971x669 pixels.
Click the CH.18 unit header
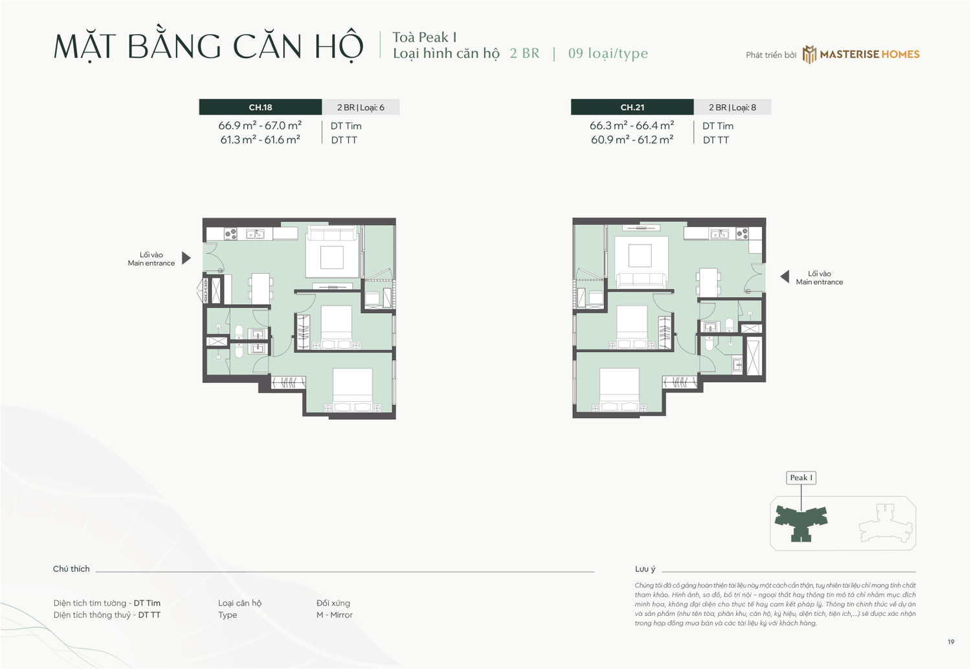click(x=260, y=107)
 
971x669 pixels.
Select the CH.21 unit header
click(x=632, y=107)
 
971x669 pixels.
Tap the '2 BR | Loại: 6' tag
click(x=361, y=107)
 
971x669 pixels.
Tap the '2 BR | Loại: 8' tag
click(x=732, y=107)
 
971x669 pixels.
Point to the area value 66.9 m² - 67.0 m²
click(x=260, y=126)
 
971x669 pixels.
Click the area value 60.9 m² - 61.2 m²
click(x=632, y=140)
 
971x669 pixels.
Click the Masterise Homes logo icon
click(x=809, y=54)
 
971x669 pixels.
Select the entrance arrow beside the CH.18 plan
click(x=186, y=258)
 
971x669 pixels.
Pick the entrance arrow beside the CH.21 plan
click(x=785, y=277)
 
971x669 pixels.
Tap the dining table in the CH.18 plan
click(x=260, y=289)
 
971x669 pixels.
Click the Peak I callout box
click(x=801, y=477)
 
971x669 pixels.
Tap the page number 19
click(x=950, y=642)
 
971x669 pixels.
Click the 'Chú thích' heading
click(x=71, y=569)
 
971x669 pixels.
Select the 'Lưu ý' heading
click(x=645, y=569)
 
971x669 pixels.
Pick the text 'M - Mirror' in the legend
click(x=334, y=615)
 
